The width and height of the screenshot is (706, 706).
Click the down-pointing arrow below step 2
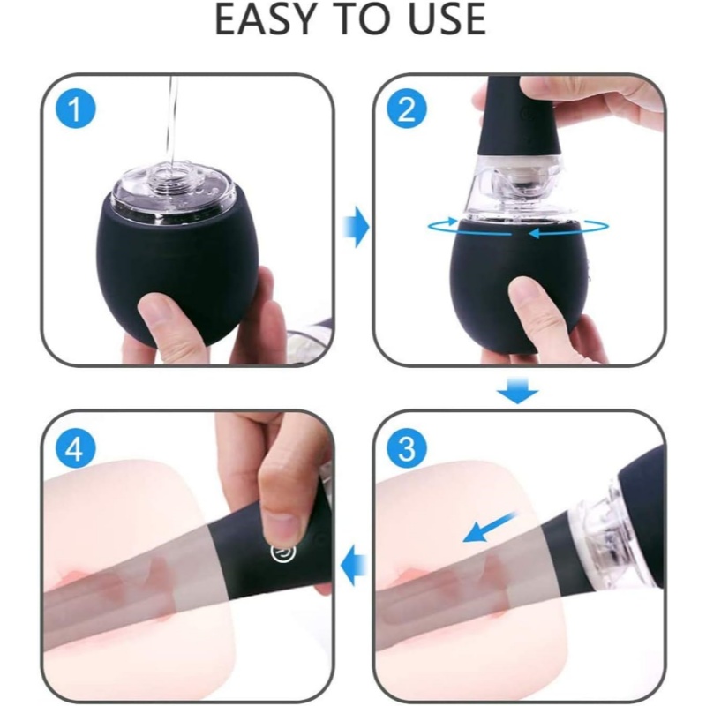pos(517,389)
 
